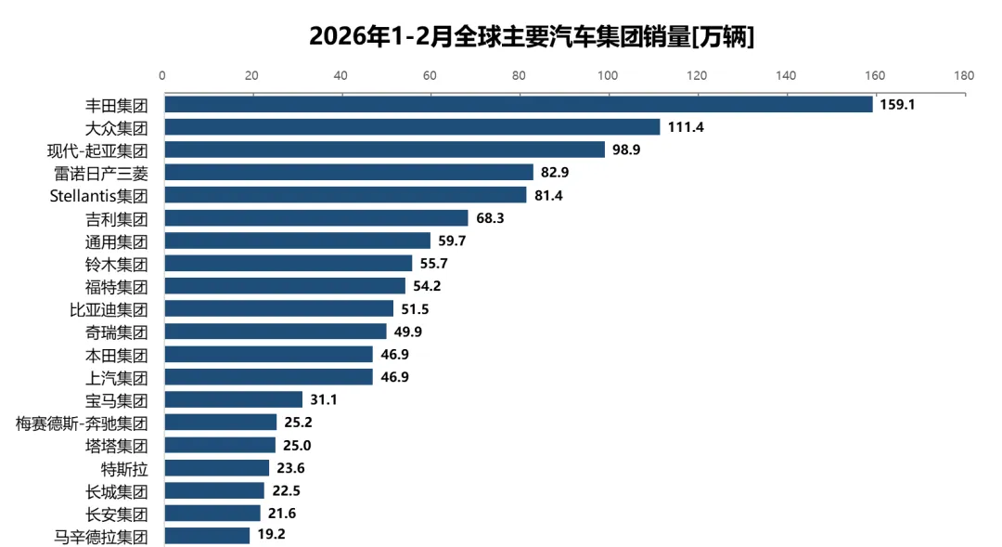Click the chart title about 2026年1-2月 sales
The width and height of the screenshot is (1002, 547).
(x=531, y=36)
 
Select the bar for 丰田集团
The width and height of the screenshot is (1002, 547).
(x=519, y=104)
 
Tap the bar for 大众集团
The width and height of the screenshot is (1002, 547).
(x=412, y=127)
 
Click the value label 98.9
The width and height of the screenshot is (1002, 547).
(x=631, y=150)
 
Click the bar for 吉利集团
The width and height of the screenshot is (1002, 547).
(x=316, y=218)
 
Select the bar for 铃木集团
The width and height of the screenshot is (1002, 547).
(x=289, y=264)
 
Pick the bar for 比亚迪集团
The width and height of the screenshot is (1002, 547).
(x=279, y=309)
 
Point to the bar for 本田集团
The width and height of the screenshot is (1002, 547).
(x=269, y=355)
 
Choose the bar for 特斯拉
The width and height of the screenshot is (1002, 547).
(x=217, y=468)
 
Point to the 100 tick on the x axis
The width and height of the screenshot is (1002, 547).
(x=608, y=76)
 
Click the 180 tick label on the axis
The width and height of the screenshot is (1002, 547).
(x=964, y=76)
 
